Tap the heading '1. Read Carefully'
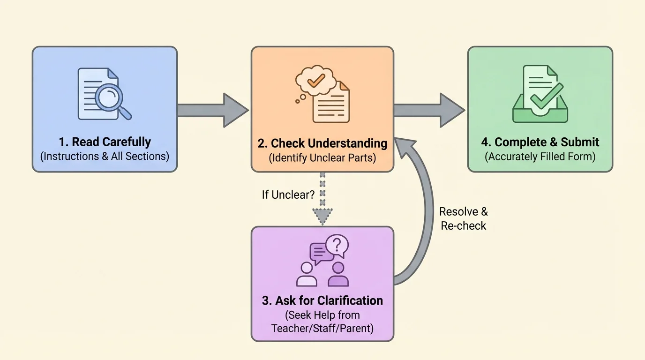click(105, 142)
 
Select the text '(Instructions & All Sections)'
click(105, 156)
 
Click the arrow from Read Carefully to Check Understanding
click(213, 110)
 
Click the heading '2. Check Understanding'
click(322, 143)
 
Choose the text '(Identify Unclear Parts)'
click(322, 157)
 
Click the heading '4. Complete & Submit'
click(540, 142)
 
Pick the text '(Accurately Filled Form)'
click(540, 156)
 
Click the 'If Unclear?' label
click(288, 195)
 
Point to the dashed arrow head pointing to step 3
click(322, 216)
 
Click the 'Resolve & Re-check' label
click(463, 218)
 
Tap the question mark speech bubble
click(337, 245)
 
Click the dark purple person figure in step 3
click(337, 275)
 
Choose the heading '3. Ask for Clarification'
click(322, 300)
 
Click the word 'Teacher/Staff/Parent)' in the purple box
click(322, 328)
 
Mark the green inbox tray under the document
click(540, 113)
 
